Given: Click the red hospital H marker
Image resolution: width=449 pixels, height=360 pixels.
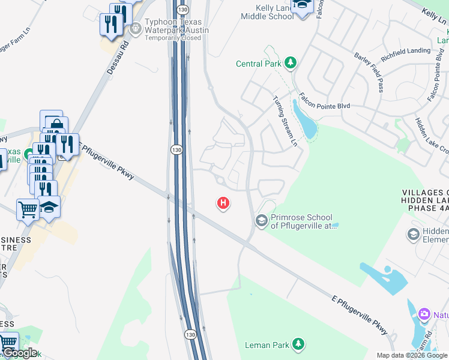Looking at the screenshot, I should click(223, 204).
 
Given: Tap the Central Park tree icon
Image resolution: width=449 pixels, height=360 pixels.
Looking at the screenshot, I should click(291, 63).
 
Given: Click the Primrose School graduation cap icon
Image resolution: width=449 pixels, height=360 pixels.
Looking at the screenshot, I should click(261, 221).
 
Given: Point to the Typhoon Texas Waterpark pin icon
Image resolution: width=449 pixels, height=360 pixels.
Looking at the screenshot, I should click(135, 27).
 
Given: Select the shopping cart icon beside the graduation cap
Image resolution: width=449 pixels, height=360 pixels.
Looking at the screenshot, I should click(28, 210).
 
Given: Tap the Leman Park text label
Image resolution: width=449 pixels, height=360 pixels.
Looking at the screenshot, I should click(267, 345).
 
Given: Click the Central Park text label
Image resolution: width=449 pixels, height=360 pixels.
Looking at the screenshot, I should click(259, 64).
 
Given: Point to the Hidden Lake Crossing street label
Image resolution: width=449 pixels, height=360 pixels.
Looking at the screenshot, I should click(431, 135).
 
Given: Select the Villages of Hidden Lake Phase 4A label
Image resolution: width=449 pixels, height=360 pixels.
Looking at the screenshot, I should click(425, 200).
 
